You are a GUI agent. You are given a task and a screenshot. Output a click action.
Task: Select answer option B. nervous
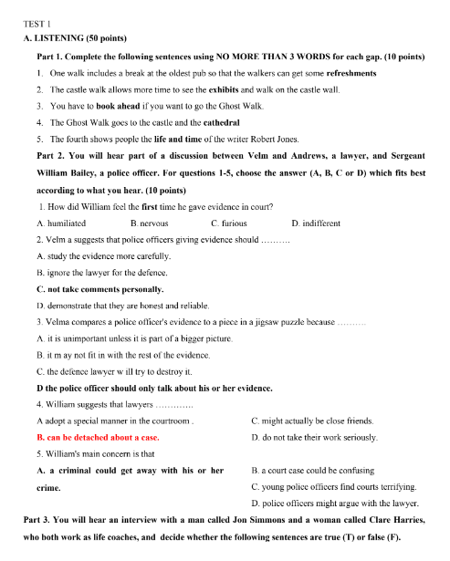150,223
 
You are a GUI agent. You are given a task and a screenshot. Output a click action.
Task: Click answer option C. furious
229,223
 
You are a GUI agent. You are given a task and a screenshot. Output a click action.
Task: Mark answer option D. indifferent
316,223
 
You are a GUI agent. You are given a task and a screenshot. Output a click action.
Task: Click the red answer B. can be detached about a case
98,437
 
